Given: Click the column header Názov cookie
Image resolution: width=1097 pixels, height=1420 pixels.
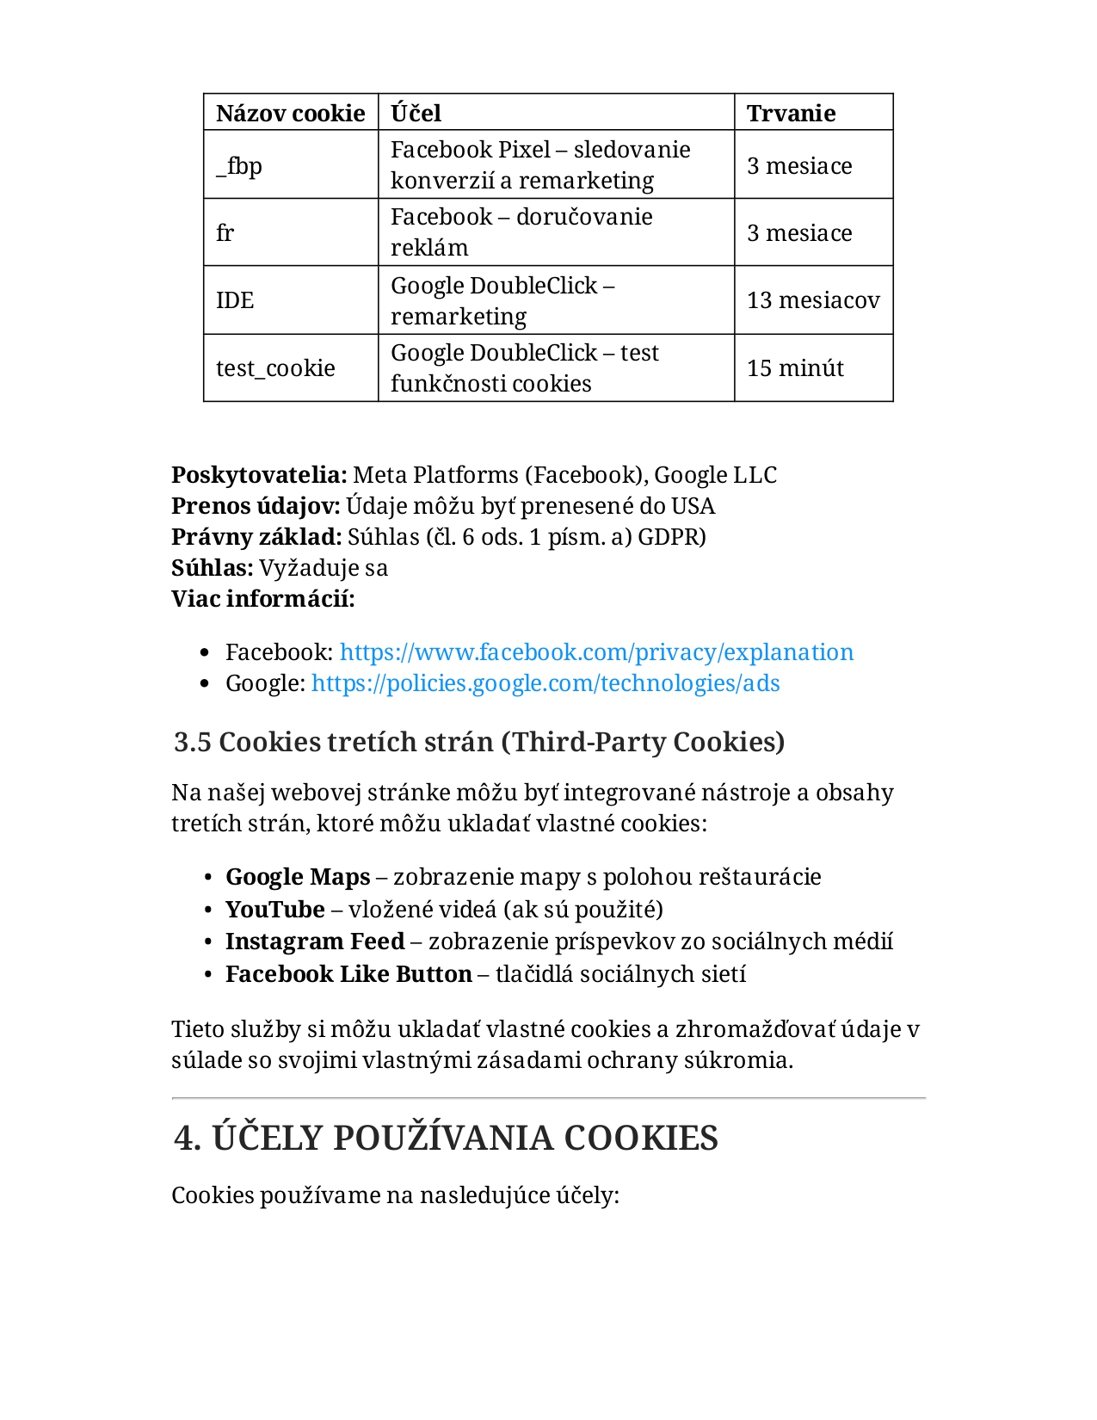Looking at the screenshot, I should [290, 114].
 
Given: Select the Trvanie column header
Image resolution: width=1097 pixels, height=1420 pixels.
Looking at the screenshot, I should [791, 114].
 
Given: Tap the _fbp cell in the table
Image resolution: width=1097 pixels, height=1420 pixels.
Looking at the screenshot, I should [239, 165].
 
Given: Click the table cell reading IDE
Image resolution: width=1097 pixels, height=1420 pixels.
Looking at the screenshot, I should [235, 300].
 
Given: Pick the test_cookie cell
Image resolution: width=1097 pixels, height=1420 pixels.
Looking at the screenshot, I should [275, 368].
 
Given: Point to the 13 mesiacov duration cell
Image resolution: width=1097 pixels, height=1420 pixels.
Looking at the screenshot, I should [813, 300].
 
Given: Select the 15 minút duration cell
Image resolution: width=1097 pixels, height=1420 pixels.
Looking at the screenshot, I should [795, 368].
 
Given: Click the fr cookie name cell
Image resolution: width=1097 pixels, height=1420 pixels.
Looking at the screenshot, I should [225, 233].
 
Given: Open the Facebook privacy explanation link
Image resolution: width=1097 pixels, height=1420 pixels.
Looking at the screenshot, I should [596, 652].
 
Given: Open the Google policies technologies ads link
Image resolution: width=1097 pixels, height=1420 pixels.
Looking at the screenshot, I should [545, 683].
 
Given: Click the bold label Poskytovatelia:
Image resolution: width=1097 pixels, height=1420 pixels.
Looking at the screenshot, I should [259, 475].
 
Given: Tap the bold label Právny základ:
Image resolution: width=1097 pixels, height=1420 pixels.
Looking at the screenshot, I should [256, 537].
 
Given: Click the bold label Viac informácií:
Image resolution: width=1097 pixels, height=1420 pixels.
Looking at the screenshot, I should [263, 599].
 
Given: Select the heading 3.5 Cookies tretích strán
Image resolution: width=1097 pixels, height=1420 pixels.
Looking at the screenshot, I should [478, 742].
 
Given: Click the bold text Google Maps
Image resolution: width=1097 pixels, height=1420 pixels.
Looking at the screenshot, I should [298, 877].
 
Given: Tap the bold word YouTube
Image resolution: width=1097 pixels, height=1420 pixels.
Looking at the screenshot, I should [275, 910].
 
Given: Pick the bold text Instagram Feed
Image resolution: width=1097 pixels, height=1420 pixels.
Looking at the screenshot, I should [315, 942].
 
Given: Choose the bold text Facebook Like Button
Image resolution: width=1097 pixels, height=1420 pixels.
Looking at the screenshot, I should [348, 974].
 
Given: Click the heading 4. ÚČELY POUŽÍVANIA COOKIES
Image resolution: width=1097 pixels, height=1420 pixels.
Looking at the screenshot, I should [446, 1138].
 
